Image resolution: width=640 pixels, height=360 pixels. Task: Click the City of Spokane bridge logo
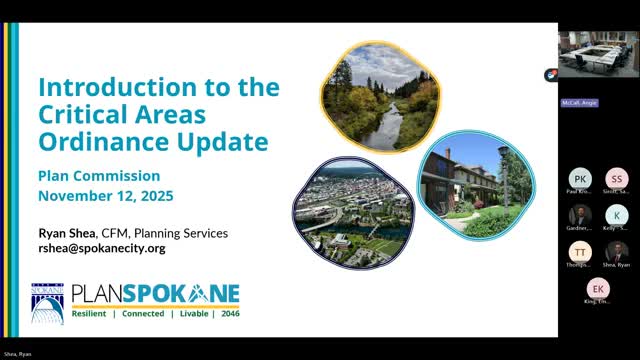coord(47,304)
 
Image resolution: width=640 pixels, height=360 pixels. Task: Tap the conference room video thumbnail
coord(599,55)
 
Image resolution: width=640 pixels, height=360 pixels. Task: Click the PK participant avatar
coord(580,178)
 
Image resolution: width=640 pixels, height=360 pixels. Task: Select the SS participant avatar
coord(617,178)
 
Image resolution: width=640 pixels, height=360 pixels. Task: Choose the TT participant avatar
coord(580,251)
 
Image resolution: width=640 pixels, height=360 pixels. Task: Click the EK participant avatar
coord(598,289)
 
